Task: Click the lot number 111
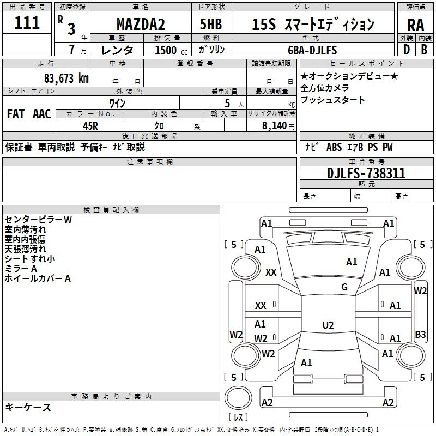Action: point(27,23)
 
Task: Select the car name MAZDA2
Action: point(141,24)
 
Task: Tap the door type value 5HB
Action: point(211,24)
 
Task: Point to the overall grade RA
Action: point(416,25)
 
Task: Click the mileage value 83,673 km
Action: point(66,78)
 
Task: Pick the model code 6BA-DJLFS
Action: point(312,50)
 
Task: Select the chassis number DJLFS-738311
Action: point(366,173)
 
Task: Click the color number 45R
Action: point(90,126)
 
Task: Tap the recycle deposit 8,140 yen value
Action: point(278,126)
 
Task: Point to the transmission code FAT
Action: point(16,114)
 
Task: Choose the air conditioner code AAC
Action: point(42,114)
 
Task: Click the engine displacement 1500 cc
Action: point(171,50)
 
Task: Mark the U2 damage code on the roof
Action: point(328,325)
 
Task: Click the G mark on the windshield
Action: point(344,287)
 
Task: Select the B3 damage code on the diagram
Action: point(420,334)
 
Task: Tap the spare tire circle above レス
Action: point(238,398)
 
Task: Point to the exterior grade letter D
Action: point(407,50)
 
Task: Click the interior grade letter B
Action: point(424,50)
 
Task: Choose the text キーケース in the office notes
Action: point(28,408)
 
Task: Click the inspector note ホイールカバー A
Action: point(38,278)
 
